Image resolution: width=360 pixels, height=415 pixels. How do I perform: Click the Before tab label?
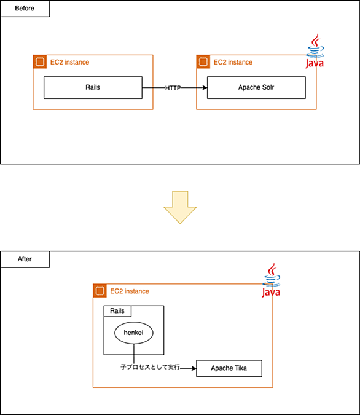pyautogui.click(x=25, y=9)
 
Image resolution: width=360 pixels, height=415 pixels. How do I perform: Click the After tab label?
pyautogui.click(x=25, y=259)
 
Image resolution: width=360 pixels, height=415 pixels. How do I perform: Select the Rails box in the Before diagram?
pyautogui.click(x=93, y=87)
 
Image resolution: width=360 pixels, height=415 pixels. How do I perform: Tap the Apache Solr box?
pyautogui.click(x=256, y=87)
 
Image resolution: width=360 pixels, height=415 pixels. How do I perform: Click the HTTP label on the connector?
pyautogui.click(x=173, y=88)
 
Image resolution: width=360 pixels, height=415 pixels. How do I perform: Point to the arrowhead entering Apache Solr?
pyautogui.click(x=205, y=87)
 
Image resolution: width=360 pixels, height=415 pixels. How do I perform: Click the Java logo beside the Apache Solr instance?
pyautogui.click(x=315, y=51)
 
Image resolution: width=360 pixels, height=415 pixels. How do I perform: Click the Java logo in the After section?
pyautogui.click(x=271, y=280)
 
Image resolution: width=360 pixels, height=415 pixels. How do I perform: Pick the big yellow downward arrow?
pyautogui.click(x=180, y=207)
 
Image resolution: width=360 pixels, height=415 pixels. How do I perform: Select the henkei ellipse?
pyautogui.click(x=133, y=333)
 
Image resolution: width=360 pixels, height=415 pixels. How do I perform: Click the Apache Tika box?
pyautogui.click(x=229, y=368)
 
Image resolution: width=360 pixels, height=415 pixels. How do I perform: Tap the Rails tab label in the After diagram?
pyautogui.click(x=117, y=310)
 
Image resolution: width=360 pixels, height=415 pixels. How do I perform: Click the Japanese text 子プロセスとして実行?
pyautogui.click(x=151, y=367)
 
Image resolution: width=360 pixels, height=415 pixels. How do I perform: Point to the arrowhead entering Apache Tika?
pyautogui.click(x=194, y=368)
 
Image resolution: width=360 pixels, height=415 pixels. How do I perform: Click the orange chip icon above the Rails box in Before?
pyautogui.click(x=40, y=62)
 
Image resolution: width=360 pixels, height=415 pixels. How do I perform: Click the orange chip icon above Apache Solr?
pyautogui.click(x=203, y=62)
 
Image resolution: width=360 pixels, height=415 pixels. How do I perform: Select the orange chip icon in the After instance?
pyautogui.click(x=100, y=291)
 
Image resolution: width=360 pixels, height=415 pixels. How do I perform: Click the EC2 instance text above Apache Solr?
pyautogui.click(x=233, y=62)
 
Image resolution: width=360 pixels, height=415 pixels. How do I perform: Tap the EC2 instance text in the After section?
pyautogui.click(x=130, y=291)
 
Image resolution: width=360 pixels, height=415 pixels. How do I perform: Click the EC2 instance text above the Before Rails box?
pyautogui.click(x=69, y=62)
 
